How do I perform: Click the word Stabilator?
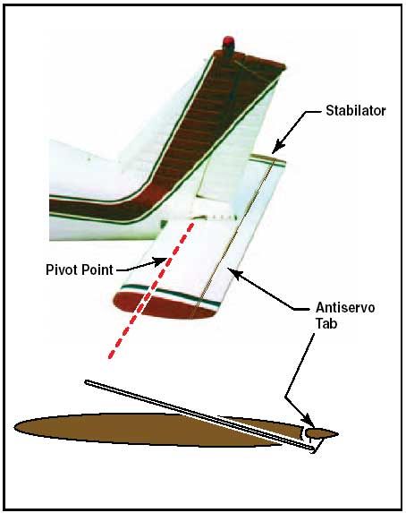pyautogui.click(x=356, y=111)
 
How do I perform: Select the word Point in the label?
pyautogui.click(x=97, y=269)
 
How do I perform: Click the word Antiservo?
pyautogui.click(x=345, y=308)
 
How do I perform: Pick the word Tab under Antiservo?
pyautogui.click(x=326, y=323)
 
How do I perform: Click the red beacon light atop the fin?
pyautogui.click(x=228, y=42)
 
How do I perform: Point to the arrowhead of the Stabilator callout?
pyautogui.click(x=277, y=147)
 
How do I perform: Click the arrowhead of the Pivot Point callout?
pyautogui.click(x=162, y=261)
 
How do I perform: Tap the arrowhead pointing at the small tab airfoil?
pyautogui.click(x=309, y=422)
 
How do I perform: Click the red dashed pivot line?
pyautogui.click(x=151, y=291)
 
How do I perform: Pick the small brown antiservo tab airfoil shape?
pyautogui.click(x=321, y=434)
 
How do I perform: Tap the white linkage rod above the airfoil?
pyautogui.click(x=199, y=416)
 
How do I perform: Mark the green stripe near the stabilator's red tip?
pyautogui.click(x=170, y=295)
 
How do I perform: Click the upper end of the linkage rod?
pyautogui.click(x=87, y=381)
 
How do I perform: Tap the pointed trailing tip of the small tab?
pyautogui.click(x=338, y=434)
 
